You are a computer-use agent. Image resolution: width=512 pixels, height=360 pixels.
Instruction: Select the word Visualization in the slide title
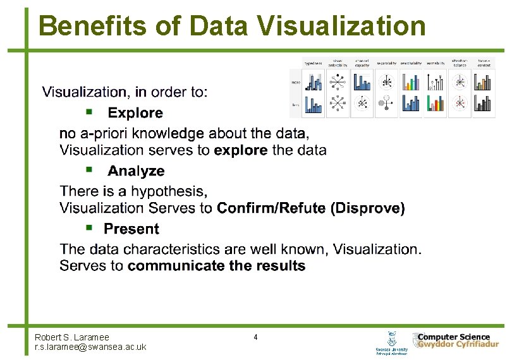341,27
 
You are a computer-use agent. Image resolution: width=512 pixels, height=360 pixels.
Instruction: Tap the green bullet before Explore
90,112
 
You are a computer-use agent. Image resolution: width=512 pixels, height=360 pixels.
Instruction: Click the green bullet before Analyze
90,170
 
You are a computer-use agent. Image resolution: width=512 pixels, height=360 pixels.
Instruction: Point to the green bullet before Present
90,227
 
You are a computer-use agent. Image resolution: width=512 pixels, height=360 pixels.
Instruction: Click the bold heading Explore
135,113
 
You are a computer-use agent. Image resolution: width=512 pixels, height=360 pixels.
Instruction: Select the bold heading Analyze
136,171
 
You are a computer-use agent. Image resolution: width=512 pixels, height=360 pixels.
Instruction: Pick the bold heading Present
131,229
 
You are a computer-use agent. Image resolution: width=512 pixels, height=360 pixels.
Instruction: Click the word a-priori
104,134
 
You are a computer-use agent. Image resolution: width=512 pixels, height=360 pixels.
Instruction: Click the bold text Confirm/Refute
271,208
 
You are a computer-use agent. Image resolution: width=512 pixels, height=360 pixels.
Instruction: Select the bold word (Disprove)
368,208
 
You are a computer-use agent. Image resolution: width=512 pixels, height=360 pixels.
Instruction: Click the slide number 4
255,337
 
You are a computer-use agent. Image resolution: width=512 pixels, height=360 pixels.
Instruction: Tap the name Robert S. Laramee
71,337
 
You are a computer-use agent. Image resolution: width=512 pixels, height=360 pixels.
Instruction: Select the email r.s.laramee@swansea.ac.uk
90,347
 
